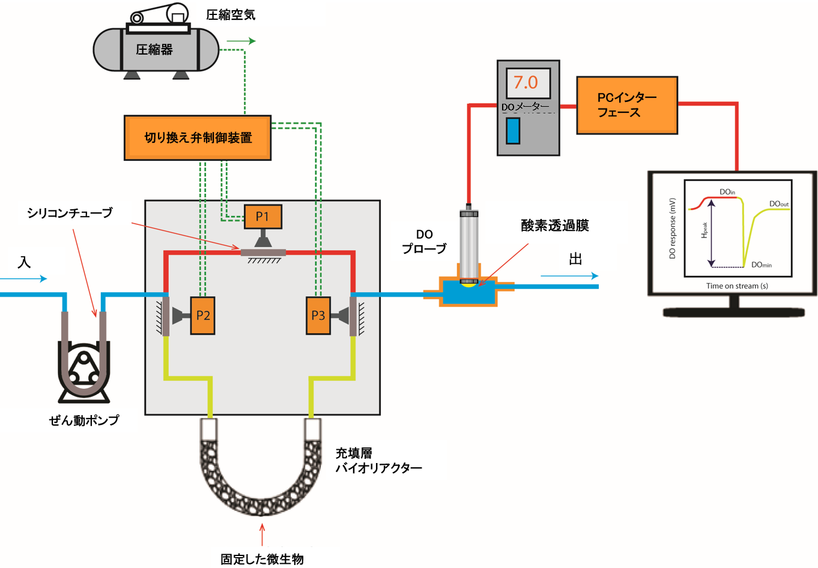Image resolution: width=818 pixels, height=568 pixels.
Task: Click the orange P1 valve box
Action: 262,217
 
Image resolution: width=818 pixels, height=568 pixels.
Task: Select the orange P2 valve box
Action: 203,315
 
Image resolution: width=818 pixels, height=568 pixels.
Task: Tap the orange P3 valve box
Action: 318,315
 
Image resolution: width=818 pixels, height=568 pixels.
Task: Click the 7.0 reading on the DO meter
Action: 527,82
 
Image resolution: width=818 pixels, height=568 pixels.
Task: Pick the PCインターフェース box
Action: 627,105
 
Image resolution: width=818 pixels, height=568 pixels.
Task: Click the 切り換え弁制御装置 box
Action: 198,138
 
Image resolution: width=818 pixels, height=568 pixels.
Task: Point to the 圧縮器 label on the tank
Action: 154,50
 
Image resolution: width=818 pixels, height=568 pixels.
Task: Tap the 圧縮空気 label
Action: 231,15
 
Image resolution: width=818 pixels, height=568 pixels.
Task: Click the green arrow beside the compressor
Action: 241,41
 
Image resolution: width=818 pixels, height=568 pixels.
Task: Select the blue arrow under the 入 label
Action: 24,279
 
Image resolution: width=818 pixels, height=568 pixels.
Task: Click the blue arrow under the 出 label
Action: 569,276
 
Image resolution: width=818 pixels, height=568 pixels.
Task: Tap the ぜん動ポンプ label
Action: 84,420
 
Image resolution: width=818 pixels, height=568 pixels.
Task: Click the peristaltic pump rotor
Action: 83,369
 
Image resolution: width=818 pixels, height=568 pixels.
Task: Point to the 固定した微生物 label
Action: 262,559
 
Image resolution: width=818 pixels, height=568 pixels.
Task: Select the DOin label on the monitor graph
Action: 727,192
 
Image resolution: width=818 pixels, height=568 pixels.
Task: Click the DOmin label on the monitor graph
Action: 762,265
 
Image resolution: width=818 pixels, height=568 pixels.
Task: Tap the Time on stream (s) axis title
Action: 737,286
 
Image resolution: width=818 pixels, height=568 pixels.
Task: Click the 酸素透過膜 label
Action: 554,226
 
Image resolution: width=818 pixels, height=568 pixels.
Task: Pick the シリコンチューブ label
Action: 70,213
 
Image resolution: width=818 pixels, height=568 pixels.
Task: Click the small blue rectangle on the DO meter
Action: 512,131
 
